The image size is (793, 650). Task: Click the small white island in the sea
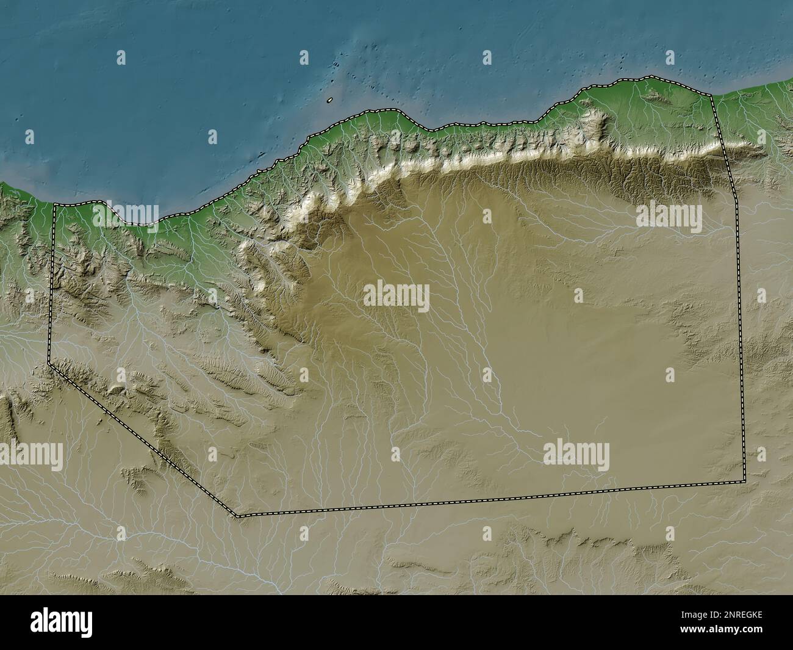pyautogui.click(x=329, y=100)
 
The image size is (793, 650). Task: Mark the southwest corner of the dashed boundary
pyautogui.click(x=239, y=516)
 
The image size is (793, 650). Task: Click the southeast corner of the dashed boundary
pyautogui.click(x=745, y=481)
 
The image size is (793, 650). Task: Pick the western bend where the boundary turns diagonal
pyautogui.click(x=49, y=364)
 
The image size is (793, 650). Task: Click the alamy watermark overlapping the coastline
pyautogui.click(x=126, y=213)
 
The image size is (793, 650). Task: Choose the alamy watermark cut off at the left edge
pyautogui.click(x=30, y=456)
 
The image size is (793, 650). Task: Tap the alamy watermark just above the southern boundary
pyautogui.click(x=576, y=455)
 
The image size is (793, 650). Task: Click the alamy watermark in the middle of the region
pyautogui.click(x=396, y=297)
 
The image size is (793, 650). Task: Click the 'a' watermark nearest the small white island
pyautogui.click(x=304, y=58)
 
